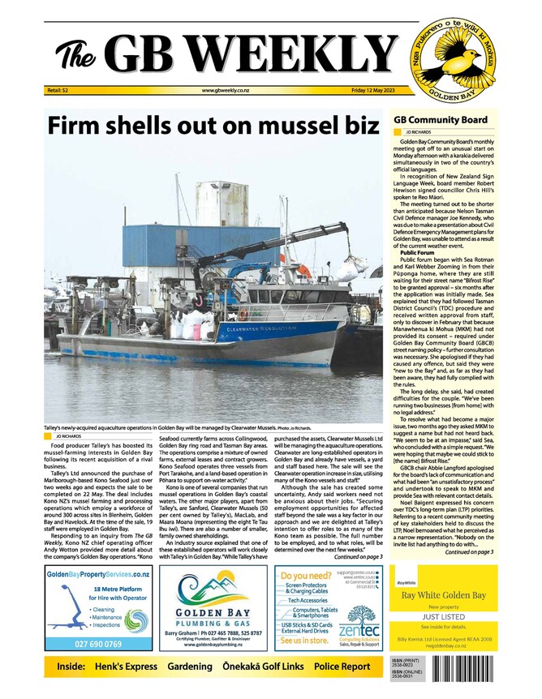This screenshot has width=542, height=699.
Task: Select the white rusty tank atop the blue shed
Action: click(222, 203)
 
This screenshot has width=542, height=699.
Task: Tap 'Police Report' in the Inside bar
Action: click(342, 667)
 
